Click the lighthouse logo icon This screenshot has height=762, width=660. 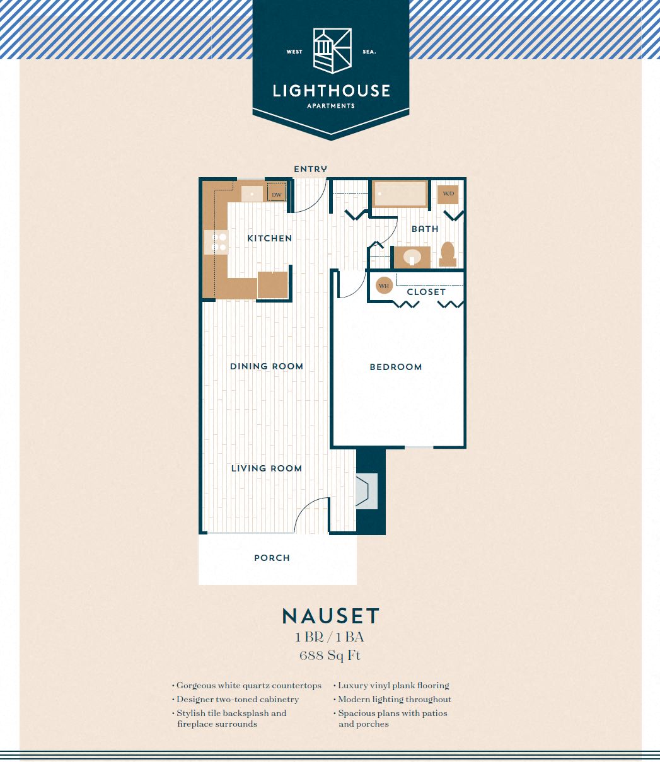pos(332,51)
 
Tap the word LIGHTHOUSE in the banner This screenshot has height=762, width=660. pos(332,91)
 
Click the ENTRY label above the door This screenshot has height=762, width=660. pos(310,169)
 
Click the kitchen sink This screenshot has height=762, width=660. pos(252,193)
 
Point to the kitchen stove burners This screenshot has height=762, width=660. pos(216,242)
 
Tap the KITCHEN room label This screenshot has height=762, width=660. pos(270,238)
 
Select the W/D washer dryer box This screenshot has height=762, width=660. pos(448,194)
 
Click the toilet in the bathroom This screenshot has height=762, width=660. pos(448,255)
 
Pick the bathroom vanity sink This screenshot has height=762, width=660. pos(412,257)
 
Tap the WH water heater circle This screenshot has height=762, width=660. pos(384,286)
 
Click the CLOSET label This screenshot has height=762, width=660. pos(426,292)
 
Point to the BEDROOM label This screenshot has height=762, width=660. pos(396,367)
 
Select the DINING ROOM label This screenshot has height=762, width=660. pos(267,366)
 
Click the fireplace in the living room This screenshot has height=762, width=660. pos(366,491)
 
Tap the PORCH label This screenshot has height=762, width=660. pos(272,558)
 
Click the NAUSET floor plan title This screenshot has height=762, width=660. pos(331,616)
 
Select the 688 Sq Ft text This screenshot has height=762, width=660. pos(330,655)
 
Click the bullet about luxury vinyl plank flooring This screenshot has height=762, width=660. pos(391,686)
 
